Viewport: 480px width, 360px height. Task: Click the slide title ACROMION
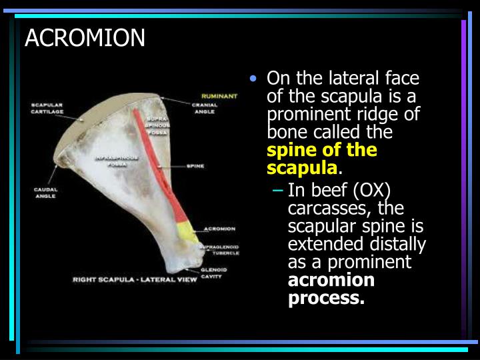pos(85,38)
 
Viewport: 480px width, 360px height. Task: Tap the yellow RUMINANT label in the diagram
pos(219,96)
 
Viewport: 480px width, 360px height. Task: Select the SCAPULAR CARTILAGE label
pos(47,108)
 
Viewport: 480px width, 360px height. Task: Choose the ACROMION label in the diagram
pos(220,229)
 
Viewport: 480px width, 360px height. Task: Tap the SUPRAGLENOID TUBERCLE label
pos(221,250)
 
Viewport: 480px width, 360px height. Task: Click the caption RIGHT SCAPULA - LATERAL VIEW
pos(135,279)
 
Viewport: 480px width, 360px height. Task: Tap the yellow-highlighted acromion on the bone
pos(185,231)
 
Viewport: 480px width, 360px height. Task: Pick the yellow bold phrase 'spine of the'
pos(322,149)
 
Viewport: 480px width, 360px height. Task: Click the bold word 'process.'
pos(326,298)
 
